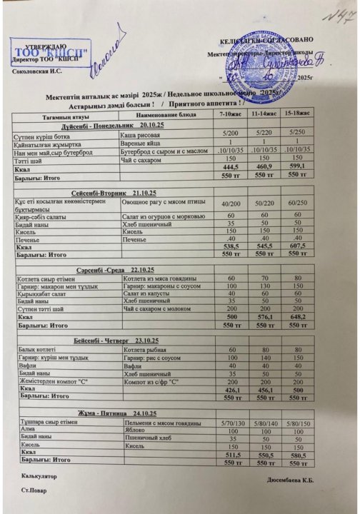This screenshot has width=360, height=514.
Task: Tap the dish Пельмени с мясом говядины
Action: click(x=161, y=423)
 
